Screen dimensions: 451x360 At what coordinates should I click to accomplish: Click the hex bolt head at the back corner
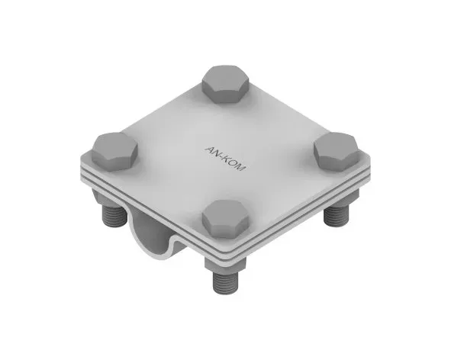point(226,84)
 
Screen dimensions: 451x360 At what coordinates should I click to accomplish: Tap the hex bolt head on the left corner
point(114,152)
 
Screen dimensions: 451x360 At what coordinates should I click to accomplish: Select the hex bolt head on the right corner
point(337,152)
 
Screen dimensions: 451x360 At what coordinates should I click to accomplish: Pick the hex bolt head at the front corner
point(226,219)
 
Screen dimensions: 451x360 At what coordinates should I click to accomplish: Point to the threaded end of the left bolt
point(114,215)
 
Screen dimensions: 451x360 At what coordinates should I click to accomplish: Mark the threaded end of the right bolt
point(337,216)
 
